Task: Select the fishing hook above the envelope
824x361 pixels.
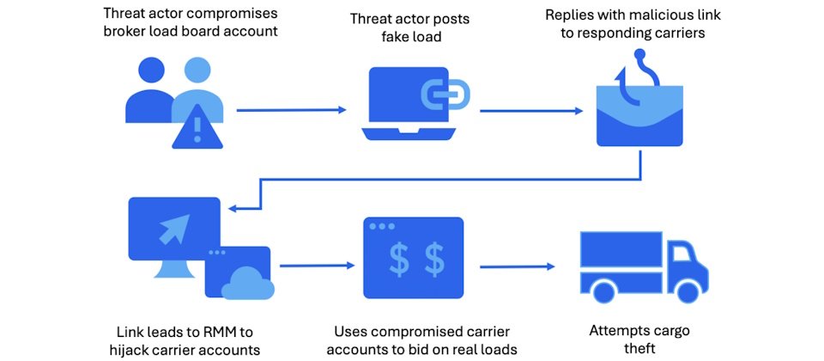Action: (x=639, y=69)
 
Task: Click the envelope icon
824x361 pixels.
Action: (x=639, y=129)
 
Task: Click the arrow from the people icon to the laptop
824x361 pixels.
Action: (x=291, y=110)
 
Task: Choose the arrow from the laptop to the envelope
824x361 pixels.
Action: (x=530, y=110)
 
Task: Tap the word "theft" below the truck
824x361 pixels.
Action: (x=638, y=347)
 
